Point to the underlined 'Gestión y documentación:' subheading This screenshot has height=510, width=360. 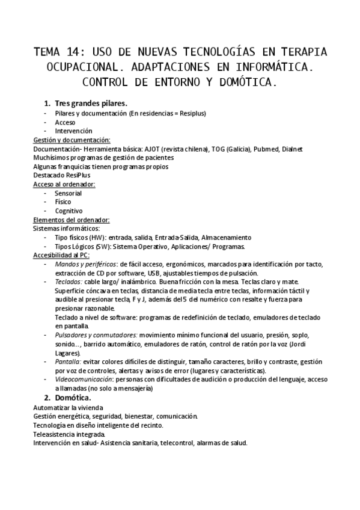(x=72, y=140)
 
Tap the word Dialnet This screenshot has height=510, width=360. (x=292, y=149)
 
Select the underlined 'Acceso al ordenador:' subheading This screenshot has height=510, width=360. (x=64, y=185)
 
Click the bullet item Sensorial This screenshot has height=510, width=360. (x=68, y=194)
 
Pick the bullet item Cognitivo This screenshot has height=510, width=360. (x=69, y=211)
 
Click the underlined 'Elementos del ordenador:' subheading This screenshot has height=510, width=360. (x=71, y=220)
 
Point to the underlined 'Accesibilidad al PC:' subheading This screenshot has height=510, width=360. (x=62, y=256)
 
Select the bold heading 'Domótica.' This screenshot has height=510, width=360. (x=73, y=398)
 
